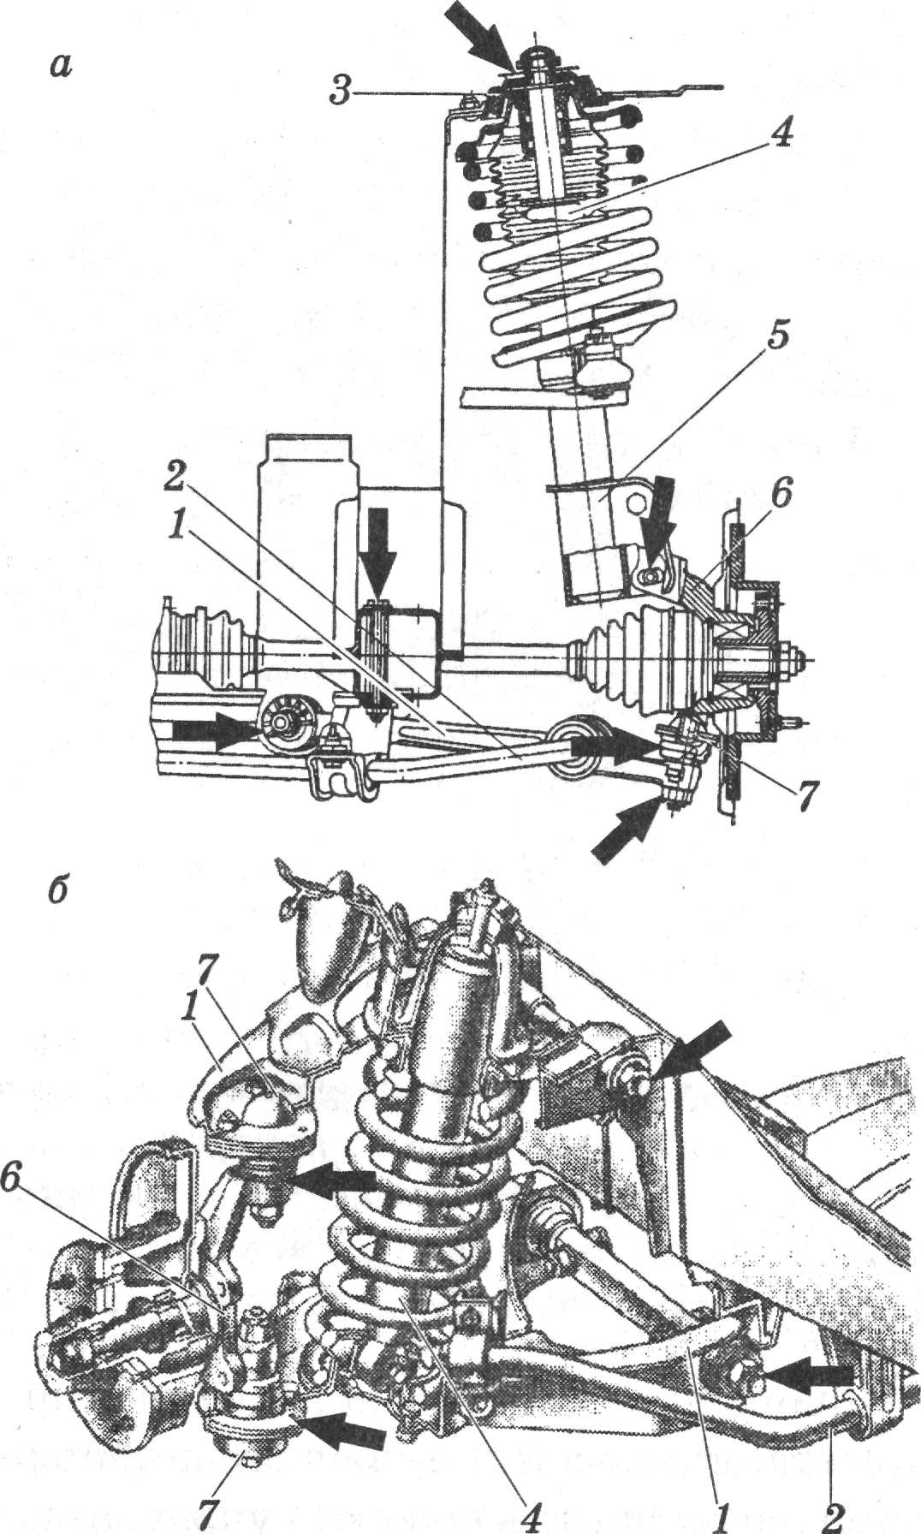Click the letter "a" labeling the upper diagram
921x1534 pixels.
click(60, 64)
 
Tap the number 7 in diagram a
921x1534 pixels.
click(805, 795)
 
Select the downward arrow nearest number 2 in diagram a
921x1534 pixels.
click(377, 556)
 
